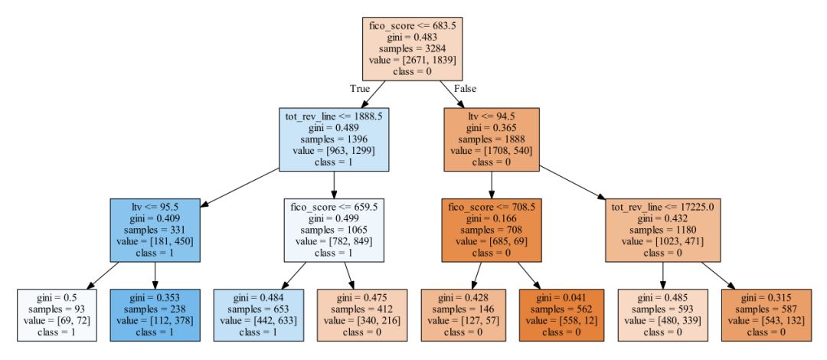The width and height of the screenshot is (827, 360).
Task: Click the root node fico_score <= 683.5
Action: click(x=413, y=47)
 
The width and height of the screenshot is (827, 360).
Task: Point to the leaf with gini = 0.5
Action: click(x=58, y=315)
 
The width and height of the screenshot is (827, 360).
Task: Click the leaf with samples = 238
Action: click(x=155, y=315)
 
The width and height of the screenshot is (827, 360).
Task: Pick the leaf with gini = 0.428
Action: click(x=462, y=315)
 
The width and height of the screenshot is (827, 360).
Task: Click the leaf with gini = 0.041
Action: click(x=561, y=315)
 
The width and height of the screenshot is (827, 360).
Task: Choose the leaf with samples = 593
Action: click(x=662, y=315)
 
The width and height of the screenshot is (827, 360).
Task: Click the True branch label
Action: click(x=360, y=88)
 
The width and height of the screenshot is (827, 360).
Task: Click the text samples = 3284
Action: click(x=413, y=47)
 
